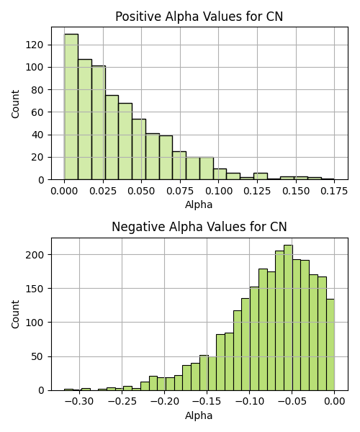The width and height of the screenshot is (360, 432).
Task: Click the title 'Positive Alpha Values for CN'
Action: click(x=199, y=17)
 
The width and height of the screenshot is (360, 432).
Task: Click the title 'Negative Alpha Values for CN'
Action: click(x=199, y=227)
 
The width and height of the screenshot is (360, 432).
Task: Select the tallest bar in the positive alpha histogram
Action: click(x=71, y=107)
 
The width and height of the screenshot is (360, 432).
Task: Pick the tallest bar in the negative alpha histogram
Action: click(x=289, y=318)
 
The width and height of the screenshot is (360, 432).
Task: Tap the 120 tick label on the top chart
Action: click(x=35, y=45)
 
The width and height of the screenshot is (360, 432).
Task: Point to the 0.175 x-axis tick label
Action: click(x=334, y=192)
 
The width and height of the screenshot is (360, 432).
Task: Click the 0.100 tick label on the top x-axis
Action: click(x=218, y=192)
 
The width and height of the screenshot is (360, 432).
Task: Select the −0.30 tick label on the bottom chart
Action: click(x=79, y=402)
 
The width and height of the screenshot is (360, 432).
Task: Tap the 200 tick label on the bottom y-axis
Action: click(x=35, y=255)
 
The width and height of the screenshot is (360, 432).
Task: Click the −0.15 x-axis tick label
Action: click(x=207, y=402)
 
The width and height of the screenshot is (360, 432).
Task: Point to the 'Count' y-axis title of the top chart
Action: click(x=15, y=104)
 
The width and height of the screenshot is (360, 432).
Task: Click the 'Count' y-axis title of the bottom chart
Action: click(x=15, y=315)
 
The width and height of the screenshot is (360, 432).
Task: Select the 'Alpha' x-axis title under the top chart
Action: click(x=199, y=204)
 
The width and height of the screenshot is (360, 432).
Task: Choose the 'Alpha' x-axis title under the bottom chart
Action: click(x=199, y=415)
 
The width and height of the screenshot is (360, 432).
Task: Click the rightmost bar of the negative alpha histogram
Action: click(x=330, y=345)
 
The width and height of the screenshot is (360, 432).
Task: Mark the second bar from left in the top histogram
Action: click(x=85, y=120)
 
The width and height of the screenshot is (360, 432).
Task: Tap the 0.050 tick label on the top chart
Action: click(x=141, y=192)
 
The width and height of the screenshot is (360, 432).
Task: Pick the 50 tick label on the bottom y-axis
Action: click(x=37, y=357)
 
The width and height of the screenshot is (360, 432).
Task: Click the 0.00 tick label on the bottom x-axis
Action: click(x=334, y=402)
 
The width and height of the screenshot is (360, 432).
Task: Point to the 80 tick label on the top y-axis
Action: click(x=37, y=90)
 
